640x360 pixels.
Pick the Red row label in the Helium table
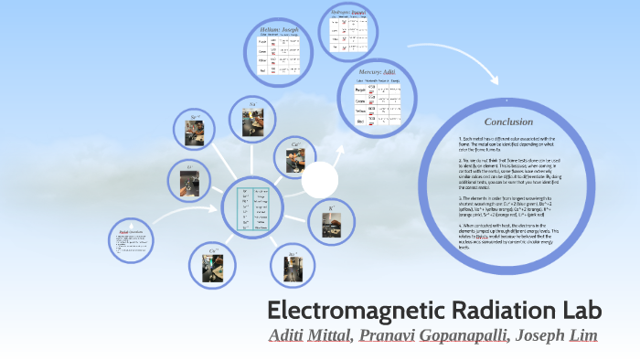[261, 71]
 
